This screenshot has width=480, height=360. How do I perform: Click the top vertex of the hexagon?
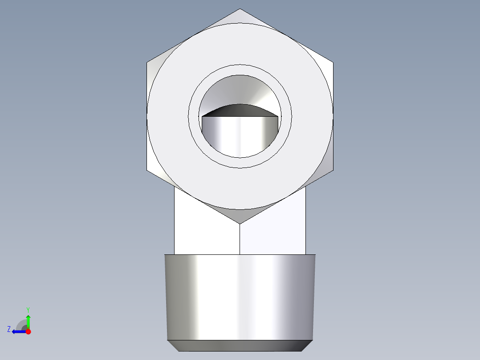coord(240,9)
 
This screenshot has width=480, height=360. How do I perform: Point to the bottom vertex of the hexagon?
coord(240,223)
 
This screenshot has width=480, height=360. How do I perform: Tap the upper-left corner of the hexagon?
coord(147,62)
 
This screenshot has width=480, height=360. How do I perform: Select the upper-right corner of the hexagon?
coord(333,62)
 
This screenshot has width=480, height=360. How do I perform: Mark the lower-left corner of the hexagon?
coord(147,170)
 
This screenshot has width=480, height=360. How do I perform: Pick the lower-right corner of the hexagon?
coord(333,170)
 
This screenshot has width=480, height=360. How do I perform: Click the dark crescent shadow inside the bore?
coord(240,110)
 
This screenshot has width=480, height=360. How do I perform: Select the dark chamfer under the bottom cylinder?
coord(240,345)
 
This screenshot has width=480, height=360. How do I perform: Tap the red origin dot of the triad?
coord(28,331)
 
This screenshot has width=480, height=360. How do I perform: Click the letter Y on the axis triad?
coord(28,309)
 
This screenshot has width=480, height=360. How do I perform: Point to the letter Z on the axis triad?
coord(9,329)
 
